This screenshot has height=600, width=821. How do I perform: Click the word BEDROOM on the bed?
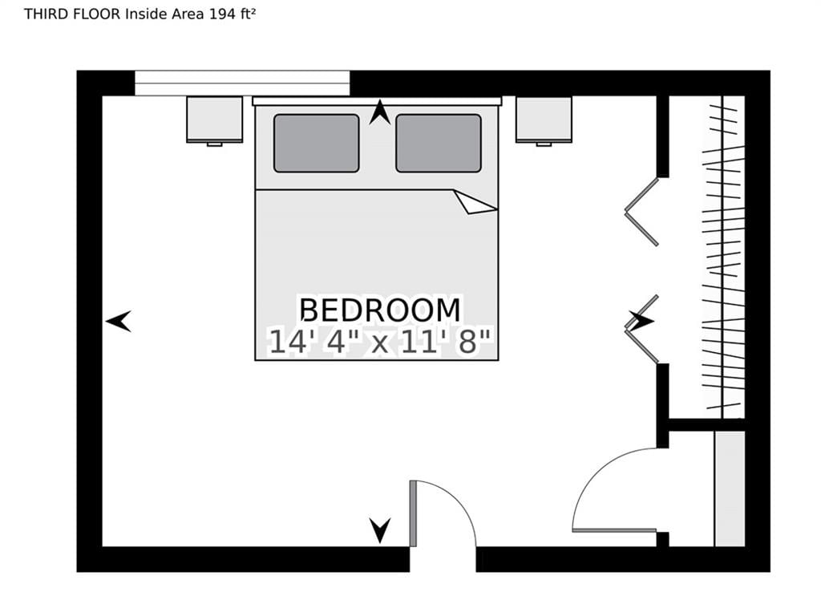pyautogui.click(x=380, y=310)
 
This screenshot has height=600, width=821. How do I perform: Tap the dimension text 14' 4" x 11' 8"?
pyautogui.click(x=381, y=342)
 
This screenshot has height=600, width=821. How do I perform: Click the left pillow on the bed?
pyautogui.click(x=316, y=143)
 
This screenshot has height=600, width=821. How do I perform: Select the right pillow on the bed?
pyautogui.click(x=439, y=143)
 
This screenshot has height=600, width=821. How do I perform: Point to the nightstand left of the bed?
pyautogui.click(x=215, y=120)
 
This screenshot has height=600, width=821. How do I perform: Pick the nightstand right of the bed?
pyautogui.click(x=544, y=120)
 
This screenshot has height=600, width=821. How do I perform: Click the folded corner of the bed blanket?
pyautogui.click(x=475, y=202)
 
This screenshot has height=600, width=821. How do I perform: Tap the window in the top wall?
pyautogui.click(x=242, y=83)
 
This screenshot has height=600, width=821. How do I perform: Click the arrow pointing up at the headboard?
pyautogui.click(x=379, y=112)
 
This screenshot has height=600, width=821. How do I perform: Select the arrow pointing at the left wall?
pyautogui.click(x=119, y=321)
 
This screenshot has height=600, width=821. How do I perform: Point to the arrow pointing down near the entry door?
pyautogui.click(x=379, y=530)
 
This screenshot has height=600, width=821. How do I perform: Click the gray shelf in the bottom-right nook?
pyautogui.click(x=730, y=489)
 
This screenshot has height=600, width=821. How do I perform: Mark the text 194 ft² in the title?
pyautogui.click(x=233, y=14)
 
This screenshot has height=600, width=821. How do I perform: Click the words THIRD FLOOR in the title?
pyautogui.click(x=73, y=14)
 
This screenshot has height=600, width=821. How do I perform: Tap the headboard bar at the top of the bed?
pyautogui.click(x=377, y=101)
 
